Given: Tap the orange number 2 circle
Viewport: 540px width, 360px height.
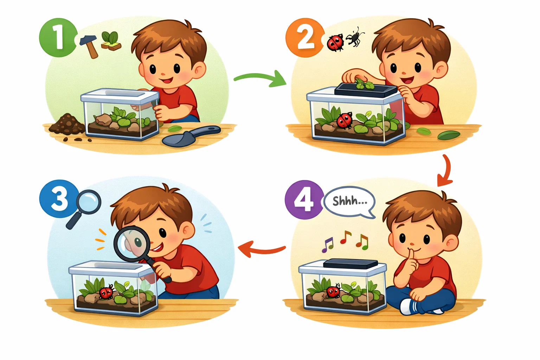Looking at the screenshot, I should tap(305, 38).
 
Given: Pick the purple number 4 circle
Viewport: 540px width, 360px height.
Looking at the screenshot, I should tap(303, 200).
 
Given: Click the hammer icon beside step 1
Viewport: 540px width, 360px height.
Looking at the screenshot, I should tap(89, 46).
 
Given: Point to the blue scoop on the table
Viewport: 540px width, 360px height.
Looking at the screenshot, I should tap(188, 136).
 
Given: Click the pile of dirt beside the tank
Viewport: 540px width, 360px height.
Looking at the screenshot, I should tap(67, 125).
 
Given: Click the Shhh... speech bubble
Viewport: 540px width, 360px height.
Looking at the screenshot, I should tap(349, 202).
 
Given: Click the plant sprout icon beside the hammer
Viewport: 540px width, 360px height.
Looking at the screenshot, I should tap(110, 40).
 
